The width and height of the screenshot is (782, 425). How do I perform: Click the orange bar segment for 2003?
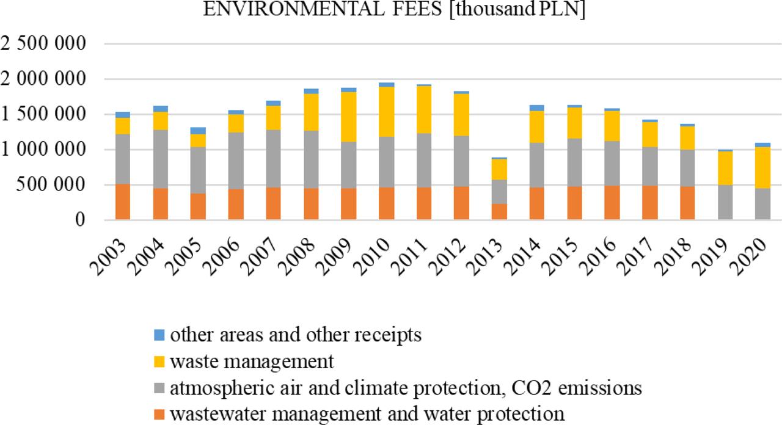tap(122, 202)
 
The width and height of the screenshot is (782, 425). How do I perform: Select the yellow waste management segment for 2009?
tap(348, 117)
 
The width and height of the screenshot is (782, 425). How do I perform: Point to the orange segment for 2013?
tap(499, 211)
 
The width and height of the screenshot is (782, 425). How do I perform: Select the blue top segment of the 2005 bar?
tap(198, 130)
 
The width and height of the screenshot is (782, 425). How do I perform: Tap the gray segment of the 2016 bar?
tap(613, 163)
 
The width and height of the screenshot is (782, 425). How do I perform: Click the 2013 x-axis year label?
tap(492, 251)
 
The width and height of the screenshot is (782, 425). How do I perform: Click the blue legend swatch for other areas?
tap(159, 335)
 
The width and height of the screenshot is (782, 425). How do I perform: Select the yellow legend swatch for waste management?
tap(159, 361)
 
